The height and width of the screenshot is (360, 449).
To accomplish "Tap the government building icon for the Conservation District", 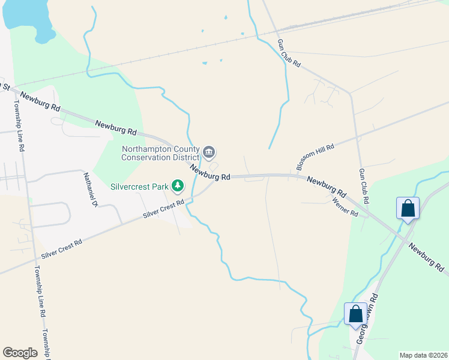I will point(209,152).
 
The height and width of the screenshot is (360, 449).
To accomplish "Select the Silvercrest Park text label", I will point(139,187).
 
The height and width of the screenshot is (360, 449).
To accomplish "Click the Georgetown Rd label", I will point(367,318).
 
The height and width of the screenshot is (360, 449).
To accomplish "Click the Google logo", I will point(20,353).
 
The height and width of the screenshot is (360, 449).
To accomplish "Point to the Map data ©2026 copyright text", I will point(423,355).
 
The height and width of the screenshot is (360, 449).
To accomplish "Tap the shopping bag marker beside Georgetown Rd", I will point(355,313).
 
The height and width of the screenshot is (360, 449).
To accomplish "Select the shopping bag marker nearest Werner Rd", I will point(408,209).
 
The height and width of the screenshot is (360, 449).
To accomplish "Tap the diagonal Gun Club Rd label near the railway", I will point(288,53).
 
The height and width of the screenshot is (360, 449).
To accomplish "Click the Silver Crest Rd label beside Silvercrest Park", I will point(163,210).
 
